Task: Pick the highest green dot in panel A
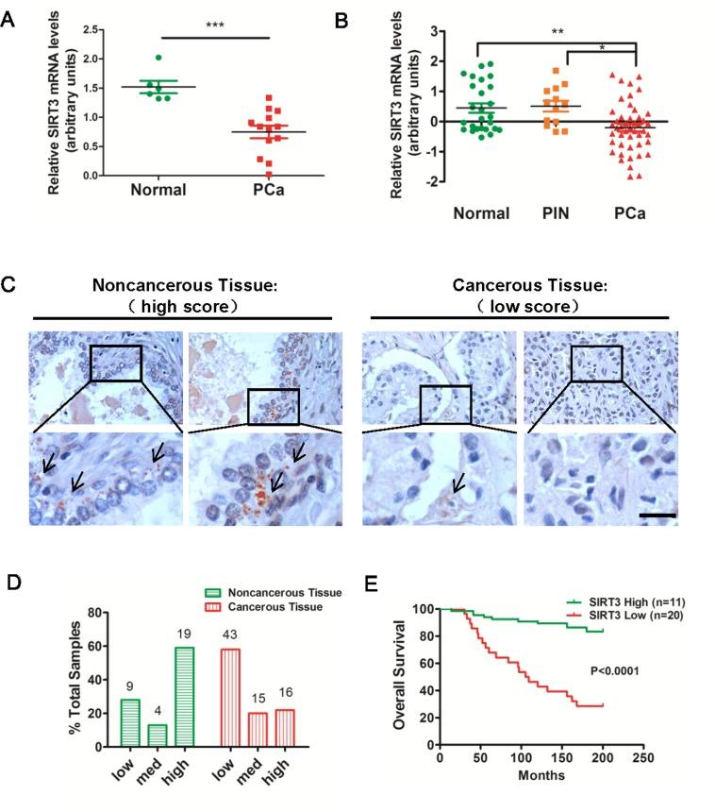coord(159,59)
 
